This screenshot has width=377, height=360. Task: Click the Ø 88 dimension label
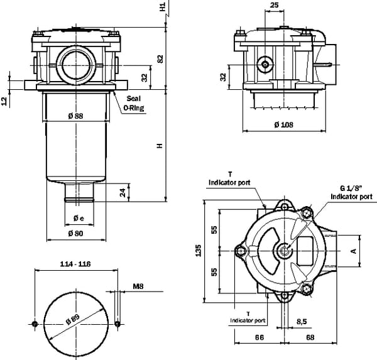pos(74,115)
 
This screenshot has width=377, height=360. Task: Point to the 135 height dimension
pos(199,251)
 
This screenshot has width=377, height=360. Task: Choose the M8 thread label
pos(138,286)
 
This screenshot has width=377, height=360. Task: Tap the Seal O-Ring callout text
pos(133,104)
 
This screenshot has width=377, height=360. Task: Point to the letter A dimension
pos(354,250)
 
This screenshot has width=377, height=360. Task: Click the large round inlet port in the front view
pos(75,63)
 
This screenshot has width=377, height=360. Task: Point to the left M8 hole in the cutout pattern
pos(35,324)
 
